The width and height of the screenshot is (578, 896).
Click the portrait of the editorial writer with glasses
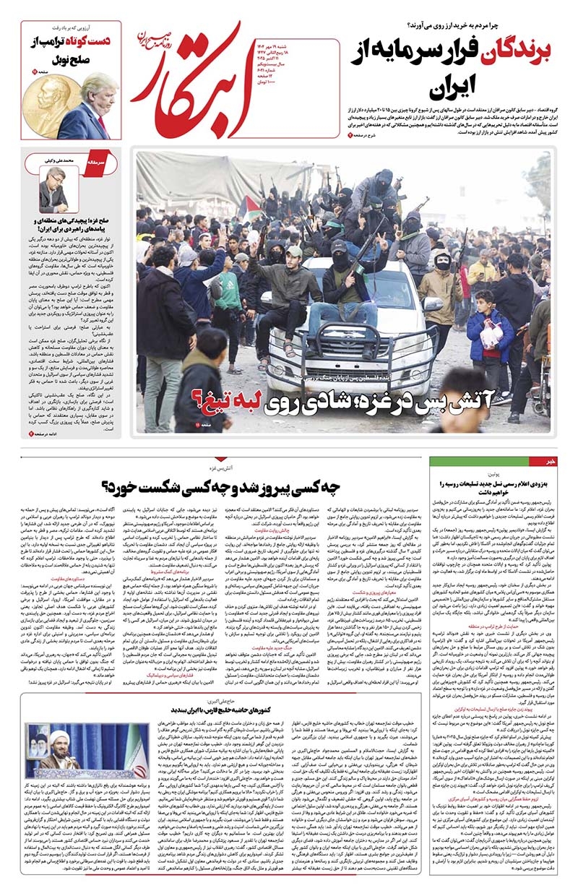pos(53,189)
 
